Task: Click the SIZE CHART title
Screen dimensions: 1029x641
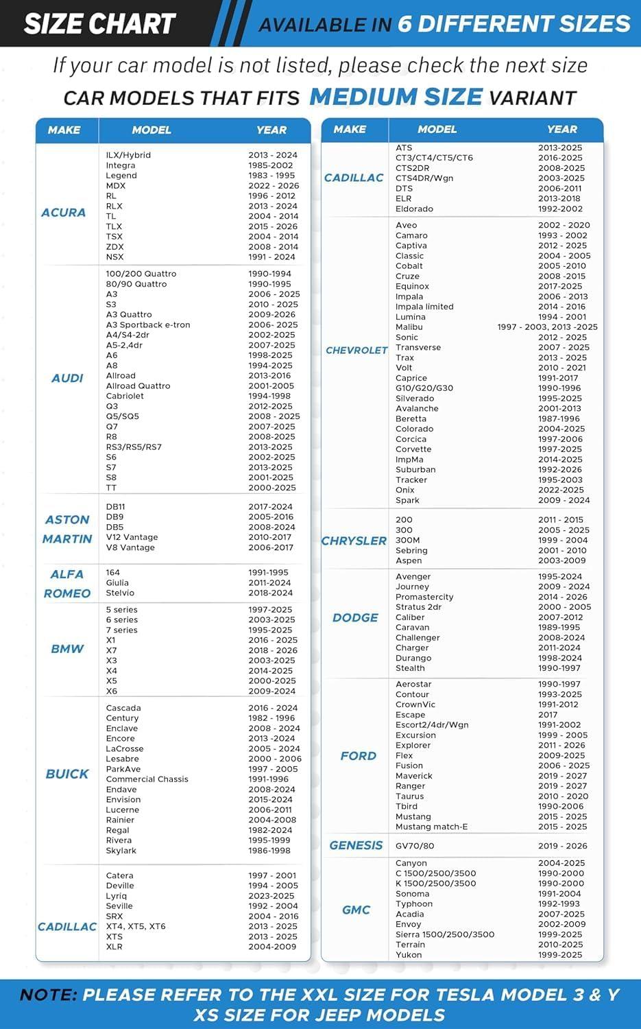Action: coord(99,24)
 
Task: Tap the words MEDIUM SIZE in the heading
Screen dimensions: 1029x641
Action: coord(396,97)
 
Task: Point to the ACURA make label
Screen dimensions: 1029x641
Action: coord(64,213)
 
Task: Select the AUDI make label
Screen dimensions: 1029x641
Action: coord(67,378)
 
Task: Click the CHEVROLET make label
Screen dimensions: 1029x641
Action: coord(356,350)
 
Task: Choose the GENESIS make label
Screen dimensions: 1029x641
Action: coord(356,845)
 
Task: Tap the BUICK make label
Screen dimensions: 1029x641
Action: coord(67,774)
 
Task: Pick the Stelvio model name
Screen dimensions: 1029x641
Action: coord(120,593)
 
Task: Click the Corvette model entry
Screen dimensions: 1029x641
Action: coord(413,449)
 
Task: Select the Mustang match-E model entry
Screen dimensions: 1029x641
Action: coord(431,827)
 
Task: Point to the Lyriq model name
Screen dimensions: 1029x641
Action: coord(117,895)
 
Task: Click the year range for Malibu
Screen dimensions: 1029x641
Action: coord(547,327)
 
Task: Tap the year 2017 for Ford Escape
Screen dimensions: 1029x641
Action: coord(548,715)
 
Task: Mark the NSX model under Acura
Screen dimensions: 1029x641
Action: coord(114,257)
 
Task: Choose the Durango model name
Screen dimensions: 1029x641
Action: coord(413,658)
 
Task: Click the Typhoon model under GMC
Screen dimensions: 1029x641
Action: coord(413,903)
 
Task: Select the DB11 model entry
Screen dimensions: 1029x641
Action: coord(115,506)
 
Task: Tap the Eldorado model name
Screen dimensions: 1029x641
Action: coord(414,209)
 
